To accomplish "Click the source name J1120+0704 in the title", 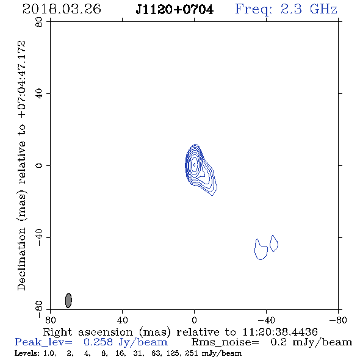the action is (175, 10).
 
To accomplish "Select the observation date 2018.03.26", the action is (62, 9).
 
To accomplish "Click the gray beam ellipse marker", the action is (68, 300).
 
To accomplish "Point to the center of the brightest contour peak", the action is (195, 165).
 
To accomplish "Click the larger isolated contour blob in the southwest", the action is (261, 250).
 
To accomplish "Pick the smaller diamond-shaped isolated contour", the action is (274, 243).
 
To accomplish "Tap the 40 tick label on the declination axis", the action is (39, 94).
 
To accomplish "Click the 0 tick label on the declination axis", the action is (39, 165).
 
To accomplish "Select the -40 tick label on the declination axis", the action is (39, 237).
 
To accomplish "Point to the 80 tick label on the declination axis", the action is (39, 22).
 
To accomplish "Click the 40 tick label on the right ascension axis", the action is (122, 320).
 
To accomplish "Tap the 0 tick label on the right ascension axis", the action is (194, 320).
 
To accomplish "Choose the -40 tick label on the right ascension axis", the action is (266, 320).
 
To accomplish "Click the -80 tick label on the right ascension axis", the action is (338, 320).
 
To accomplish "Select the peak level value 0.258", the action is (98, 342).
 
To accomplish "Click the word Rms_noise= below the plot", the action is (225, 342).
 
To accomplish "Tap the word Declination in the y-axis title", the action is (21, 259).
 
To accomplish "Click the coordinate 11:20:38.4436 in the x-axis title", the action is (280, 332).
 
